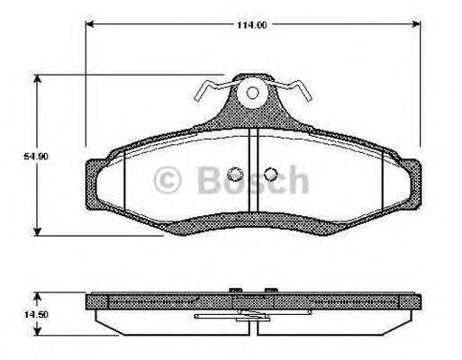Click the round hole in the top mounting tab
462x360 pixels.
pyautogui.click(x=252, y=92)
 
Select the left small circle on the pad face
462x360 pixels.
pyautogui.click(x=236, y=175)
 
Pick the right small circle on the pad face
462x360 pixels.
pyautogui.click(x=270, y=175)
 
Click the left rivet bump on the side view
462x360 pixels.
pyautogui.click(x=235, y=290)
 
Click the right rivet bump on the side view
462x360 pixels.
pyautogui.click(x=269, y=290)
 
